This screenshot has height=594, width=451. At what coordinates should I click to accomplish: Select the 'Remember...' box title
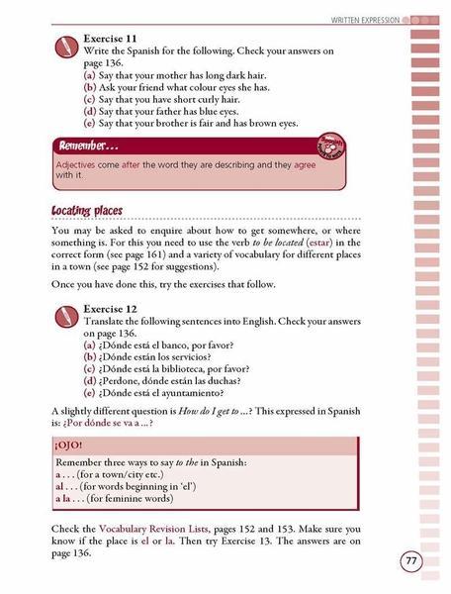coord(91,146)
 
